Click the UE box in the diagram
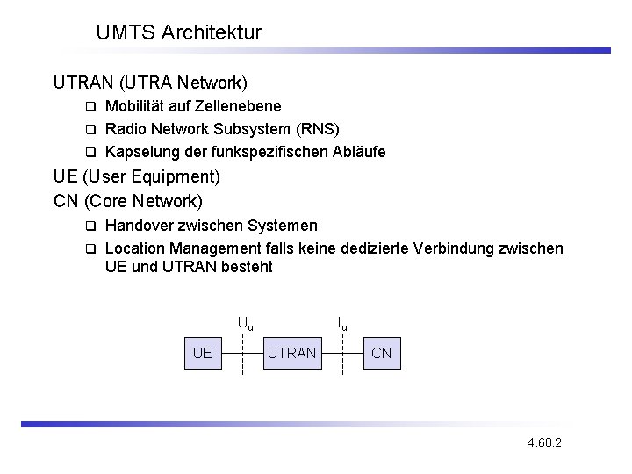pos(202,353)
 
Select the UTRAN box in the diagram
pos(291,353)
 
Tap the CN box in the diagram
pos(382,353)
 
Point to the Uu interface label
pos(245,323)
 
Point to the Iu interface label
pos(342,323)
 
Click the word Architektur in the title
pos(212,33)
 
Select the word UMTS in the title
pos(126,33)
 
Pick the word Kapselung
pos(139,152)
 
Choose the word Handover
pos(140,226)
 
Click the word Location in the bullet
pos(135,248)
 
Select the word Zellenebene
pos(240,106)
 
